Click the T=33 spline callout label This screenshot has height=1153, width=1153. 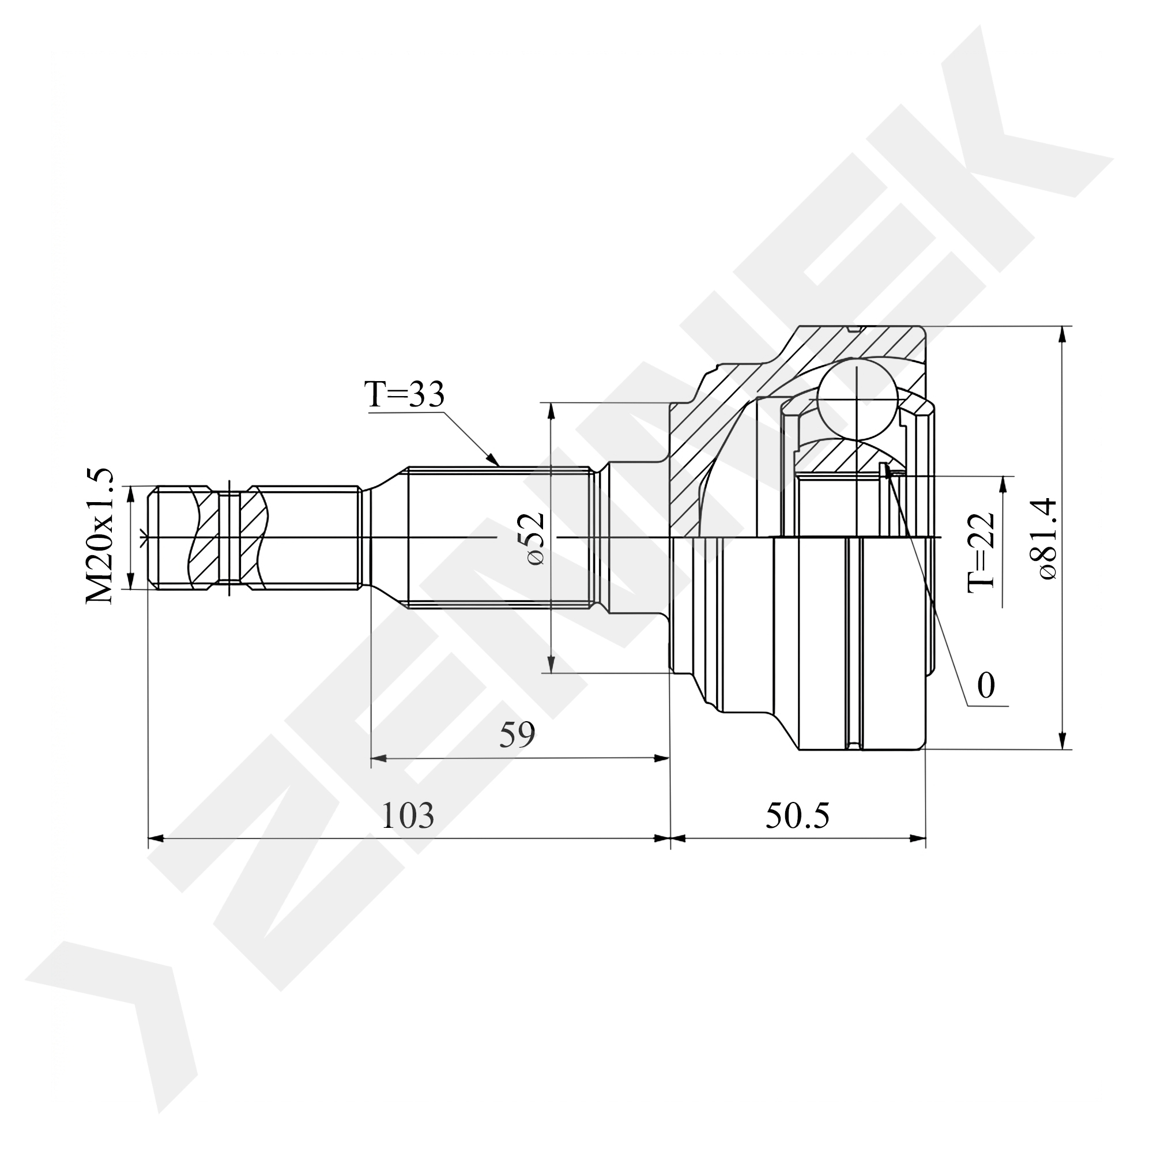click(x=405, y=394)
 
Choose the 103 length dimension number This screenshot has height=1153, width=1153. click(x=408, y=815)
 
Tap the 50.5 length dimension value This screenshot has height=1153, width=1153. click(x=797, y=815)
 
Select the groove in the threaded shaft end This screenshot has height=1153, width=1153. click(x=230, y=538)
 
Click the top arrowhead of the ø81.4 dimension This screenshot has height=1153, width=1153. click(x=1062, y=334)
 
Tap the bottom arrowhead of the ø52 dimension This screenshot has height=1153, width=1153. click(x=551, y=664)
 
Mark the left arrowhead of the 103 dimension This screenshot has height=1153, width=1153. click(x=156, y=838)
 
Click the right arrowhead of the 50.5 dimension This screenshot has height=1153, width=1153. click(x=918, y=838)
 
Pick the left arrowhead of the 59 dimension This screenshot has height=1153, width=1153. click(x=379, y=759)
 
